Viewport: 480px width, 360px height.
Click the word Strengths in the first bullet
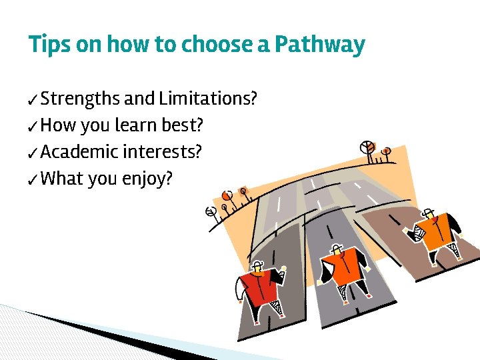[x=80, y=99]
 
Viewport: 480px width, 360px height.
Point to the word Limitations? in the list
[x=208, y=99]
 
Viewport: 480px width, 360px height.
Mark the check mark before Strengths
[x=33, y=101]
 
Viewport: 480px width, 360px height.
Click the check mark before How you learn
[x=33, y=127]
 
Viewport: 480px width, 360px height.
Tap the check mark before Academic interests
[x=33, y=153]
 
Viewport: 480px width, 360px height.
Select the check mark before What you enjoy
[x=33, y=180]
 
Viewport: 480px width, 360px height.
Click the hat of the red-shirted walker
[x=262, y=263]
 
